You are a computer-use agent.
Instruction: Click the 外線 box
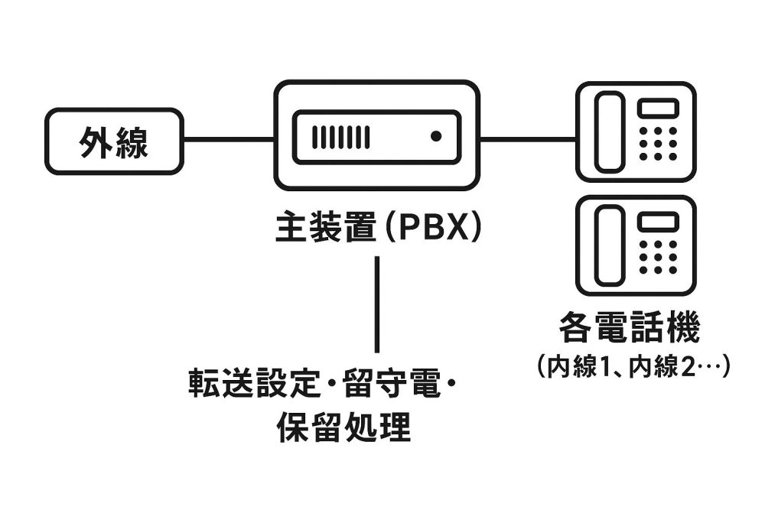pyautogui.click(x=114, y=141)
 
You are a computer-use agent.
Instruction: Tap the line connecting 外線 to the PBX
pyautogui.click(x=229, y=140)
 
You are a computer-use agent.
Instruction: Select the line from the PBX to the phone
pyautogui.click(x=528, y=140)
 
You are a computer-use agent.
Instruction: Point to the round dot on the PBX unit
pyautogui.click(x=436, y=137)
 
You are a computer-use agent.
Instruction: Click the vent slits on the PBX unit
pyautogui.click(x=340, y=137)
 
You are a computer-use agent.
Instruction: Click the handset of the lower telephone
pyautogui.click(x=610, y=245)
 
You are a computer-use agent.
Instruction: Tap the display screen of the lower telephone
pyautogui.click(x=658, y=221)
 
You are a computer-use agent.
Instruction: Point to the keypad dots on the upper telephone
pyautogui.click(x=658, y=143)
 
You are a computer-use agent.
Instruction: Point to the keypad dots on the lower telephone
pyautogui.click(x=658, y=257)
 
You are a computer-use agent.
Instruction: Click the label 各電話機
pyautogui.click(x=630, y=330)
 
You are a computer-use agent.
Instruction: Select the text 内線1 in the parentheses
pyautogui.click(x=583, y=366)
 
